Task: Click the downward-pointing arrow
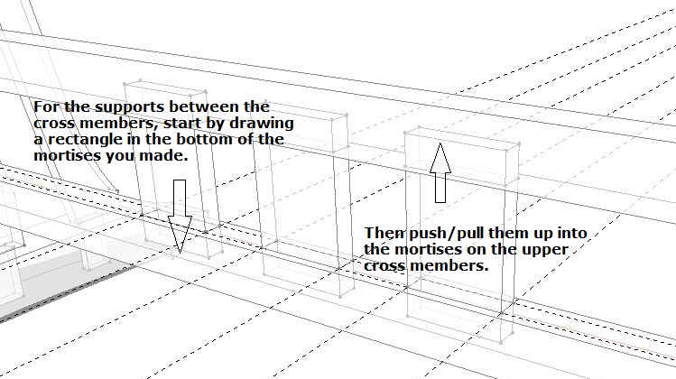pos(180,217)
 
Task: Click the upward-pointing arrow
pos(440,172)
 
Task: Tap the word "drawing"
pos(261,124)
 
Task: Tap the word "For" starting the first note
pos(47,106)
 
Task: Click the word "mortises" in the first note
pos(68,155)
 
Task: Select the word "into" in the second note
pos(572,233)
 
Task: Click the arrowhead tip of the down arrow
pos(180,253)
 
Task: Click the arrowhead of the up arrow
pos(440,158)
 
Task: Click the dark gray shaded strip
pos(69,294)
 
